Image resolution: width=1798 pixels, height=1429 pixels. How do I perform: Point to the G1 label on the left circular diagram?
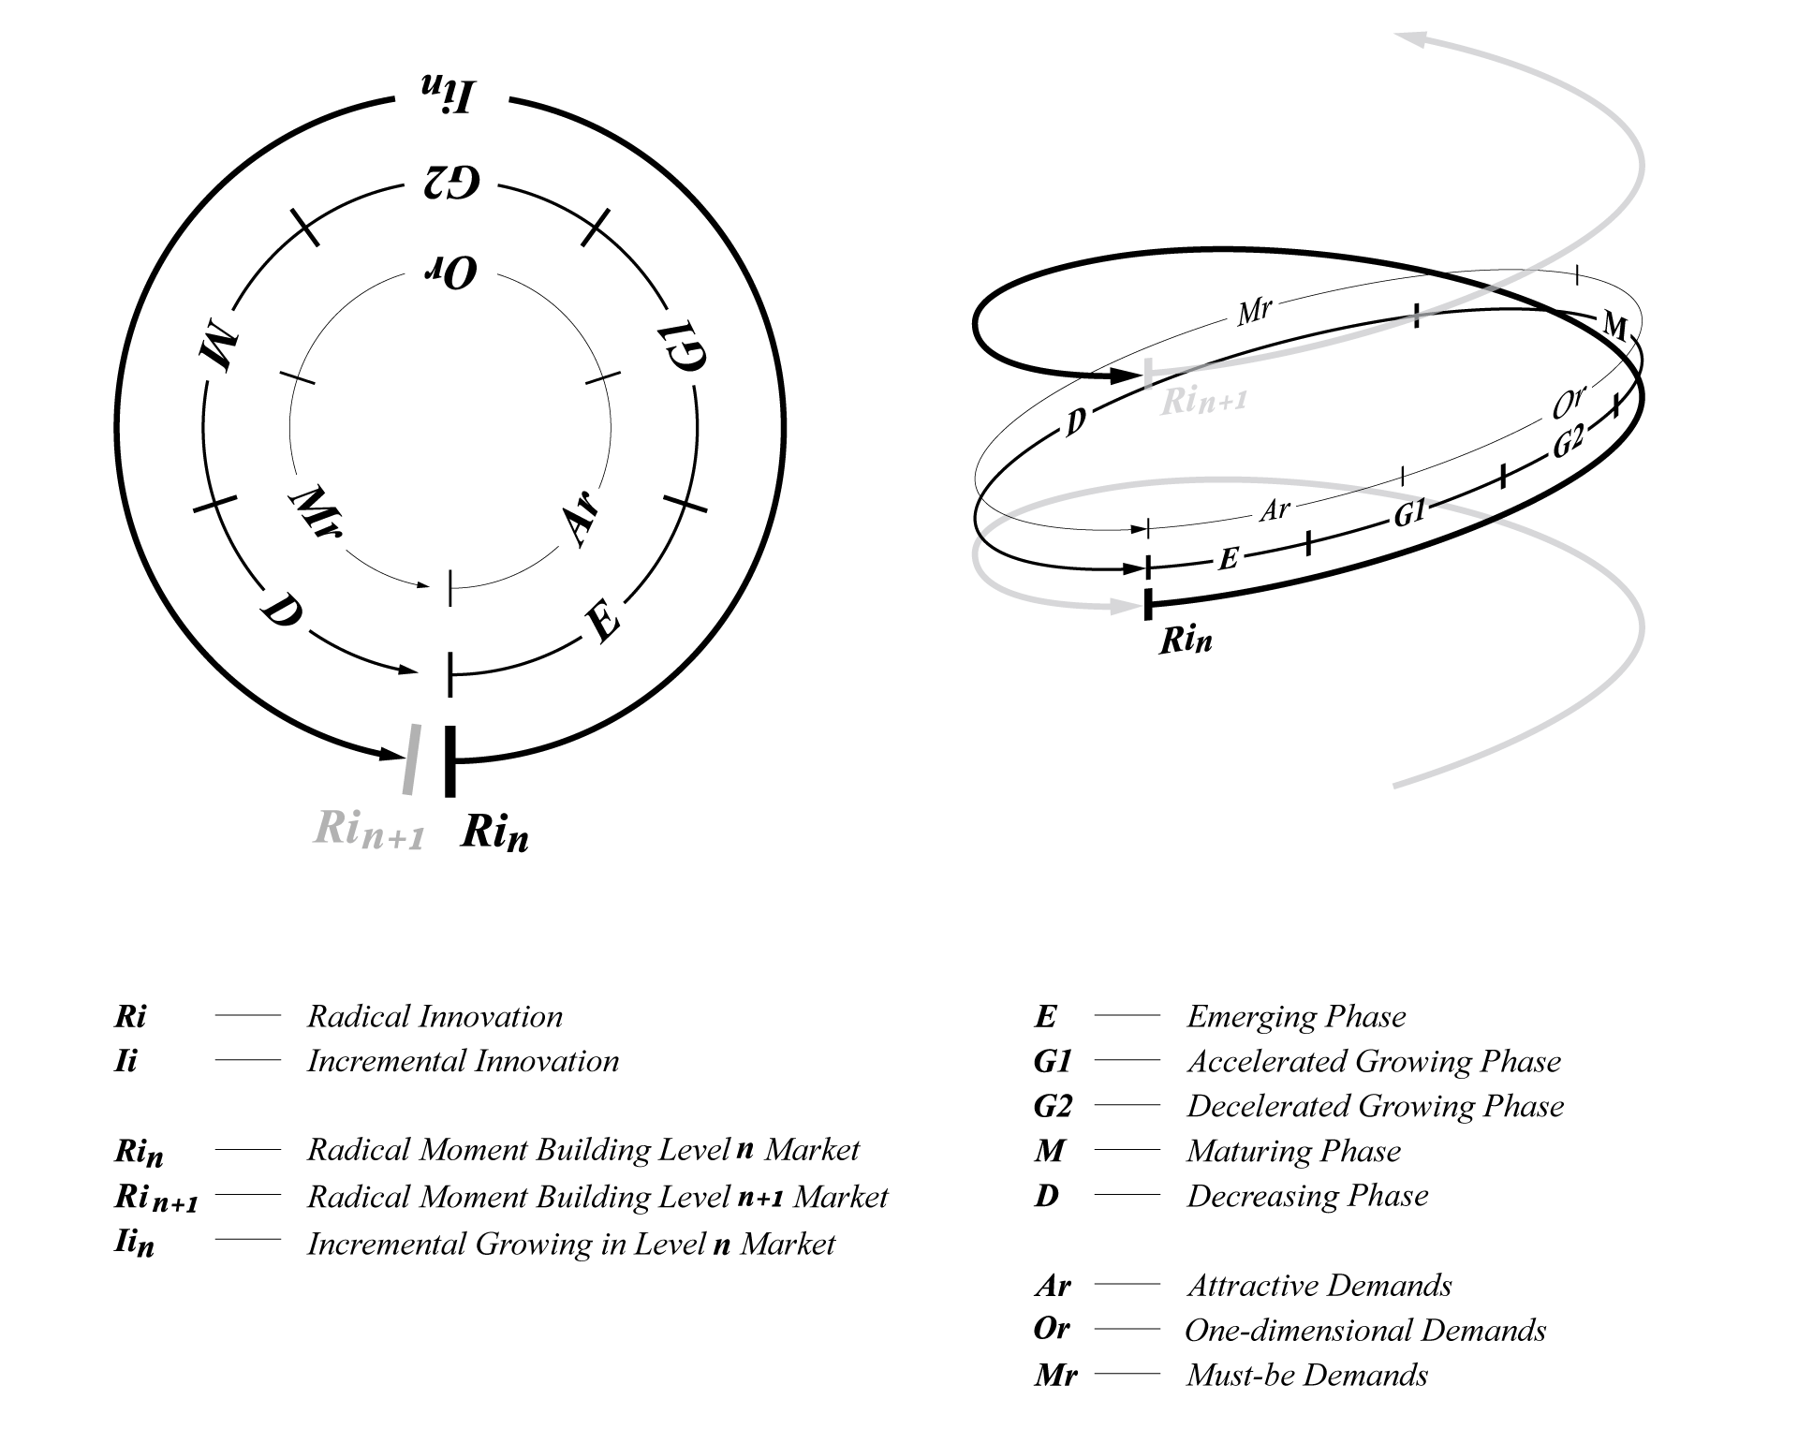click(x=681, y=346)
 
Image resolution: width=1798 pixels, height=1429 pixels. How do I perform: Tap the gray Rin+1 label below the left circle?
click(x=368, y=831)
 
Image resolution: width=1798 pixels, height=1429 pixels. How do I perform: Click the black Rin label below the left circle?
click(x=494, y=832)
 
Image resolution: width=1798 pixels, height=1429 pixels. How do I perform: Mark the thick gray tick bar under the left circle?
click(x=410, y=759)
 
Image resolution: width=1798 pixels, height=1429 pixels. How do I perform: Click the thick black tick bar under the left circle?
click(x=450, y=760)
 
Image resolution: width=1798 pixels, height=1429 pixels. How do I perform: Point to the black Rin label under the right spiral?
click(x=1186, y=641)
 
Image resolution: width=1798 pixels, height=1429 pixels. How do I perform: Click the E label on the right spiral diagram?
click(x=1229, y=559)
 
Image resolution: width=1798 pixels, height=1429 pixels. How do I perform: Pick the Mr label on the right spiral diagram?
click(x=1254, y=311)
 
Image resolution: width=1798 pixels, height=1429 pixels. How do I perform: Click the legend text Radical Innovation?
click(x=435, y=1017)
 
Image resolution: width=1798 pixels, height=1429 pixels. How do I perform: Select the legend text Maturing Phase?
click(x=1293, y=1151)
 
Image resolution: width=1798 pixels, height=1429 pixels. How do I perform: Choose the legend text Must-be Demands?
click(x=1306, y=1376)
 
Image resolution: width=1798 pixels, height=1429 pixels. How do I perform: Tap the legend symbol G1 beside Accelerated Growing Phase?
click(x=1053, y=1062)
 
